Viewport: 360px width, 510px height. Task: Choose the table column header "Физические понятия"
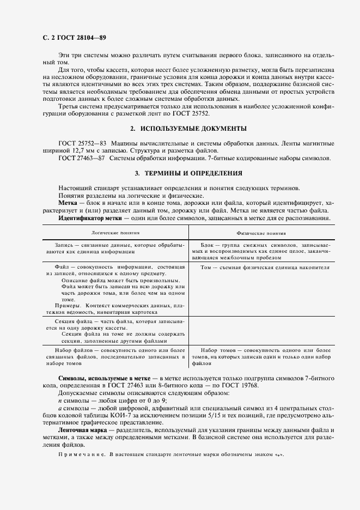(260, 232)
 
